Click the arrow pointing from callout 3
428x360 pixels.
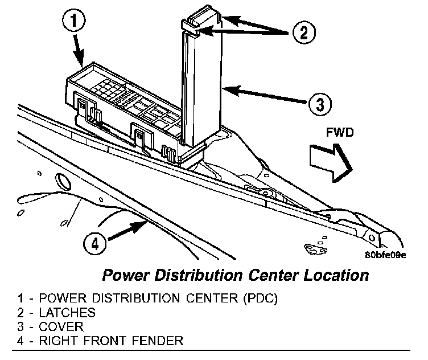[265, 95]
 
